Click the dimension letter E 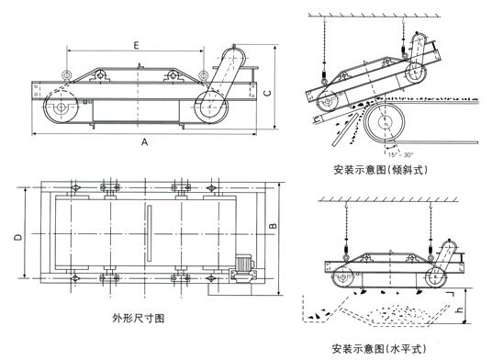136,43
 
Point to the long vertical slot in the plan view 146,237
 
